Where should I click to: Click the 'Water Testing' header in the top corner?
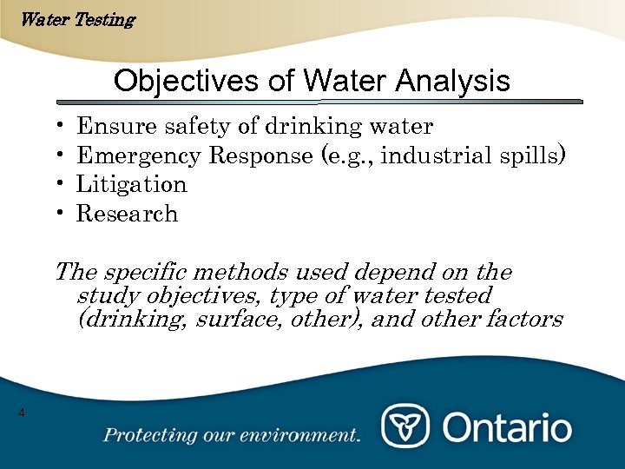[x=76, y=19]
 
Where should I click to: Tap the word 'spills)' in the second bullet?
[x=534, y=156]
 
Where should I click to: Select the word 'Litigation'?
[x=131, y=185]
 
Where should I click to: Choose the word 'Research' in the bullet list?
[x=127, y=215]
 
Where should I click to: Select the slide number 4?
[x=22, y=412]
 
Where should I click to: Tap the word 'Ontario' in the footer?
[x=508, y=427]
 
